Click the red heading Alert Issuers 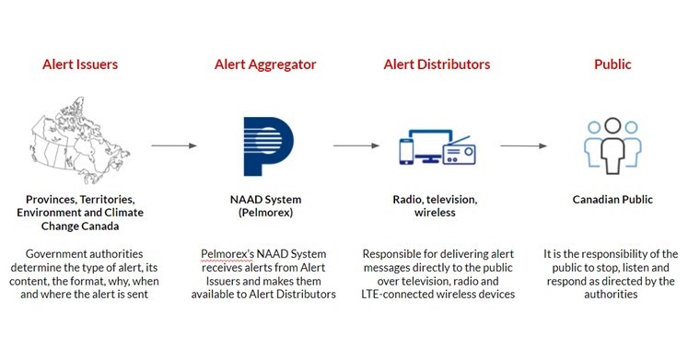(79, 64)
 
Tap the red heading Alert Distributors (437, 64)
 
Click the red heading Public (612, 64)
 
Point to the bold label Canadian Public (612, 199)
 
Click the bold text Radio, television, (437, 199)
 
